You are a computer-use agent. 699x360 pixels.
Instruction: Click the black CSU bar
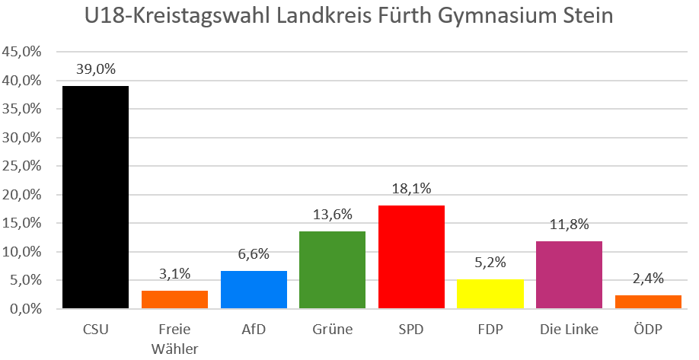tap(95, 197)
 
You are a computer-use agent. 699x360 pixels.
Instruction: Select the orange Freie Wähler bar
tap(174, 299)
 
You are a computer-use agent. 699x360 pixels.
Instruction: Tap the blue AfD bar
tap(254, 289)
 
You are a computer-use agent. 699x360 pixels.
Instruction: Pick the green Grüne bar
tap(332, 269)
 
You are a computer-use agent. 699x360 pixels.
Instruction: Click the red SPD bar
tap(411, 256)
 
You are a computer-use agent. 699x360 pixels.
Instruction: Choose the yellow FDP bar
tap(490, 294)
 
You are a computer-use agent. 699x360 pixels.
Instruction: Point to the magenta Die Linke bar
tap(569, 275)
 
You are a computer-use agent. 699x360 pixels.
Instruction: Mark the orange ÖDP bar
tap(648, 301)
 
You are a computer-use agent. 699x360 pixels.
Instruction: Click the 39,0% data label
tap(95, 69)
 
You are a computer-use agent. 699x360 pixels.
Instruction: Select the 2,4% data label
tap(648, 279)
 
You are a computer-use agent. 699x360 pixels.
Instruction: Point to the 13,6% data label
tap(332, 215)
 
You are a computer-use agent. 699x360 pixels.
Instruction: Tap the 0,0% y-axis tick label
tap(24, 309)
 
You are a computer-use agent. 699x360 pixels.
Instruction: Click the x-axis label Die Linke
tap(569, 330)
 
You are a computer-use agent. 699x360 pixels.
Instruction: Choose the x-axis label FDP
tap(490, 330)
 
